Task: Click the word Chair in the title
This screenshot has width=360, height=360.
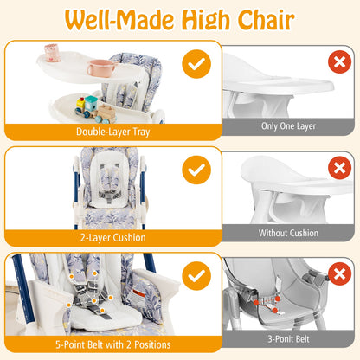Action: pyautogui.click(x=259, y=20)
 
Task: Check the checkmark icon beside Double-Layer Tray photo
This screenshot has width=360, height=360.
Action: pyautogui.click(x=196, y=65)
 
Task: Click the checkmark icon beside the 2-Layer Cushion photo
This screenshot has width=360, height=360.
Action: pyautogui.click(x=196, y=170)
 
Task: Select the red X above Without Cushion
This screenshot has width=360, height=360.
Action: pyautogui.click(x=340, y=168)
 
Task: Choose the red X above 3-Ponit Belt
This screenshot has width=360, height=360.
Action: pyautogui.click(x=340, y=274)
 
